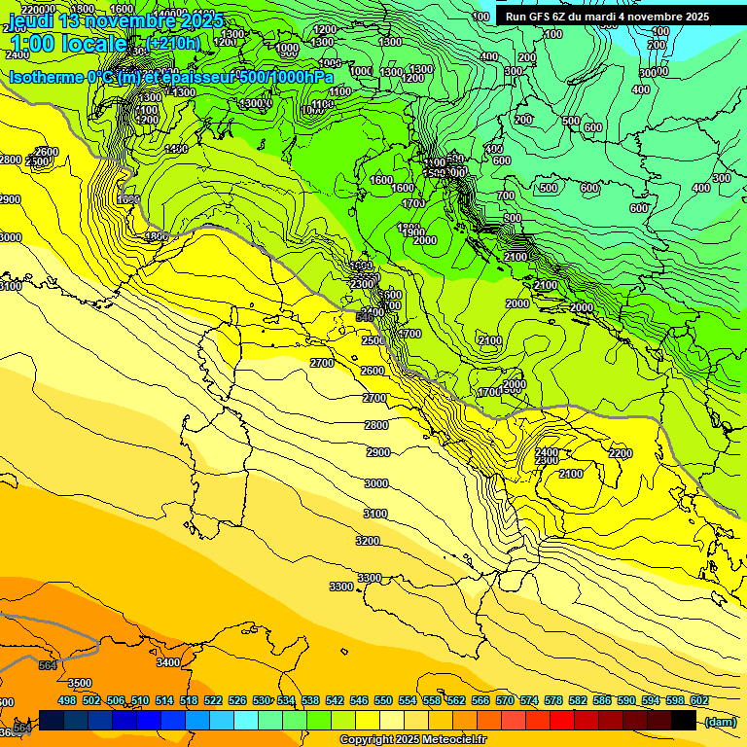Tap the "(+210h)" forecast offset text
pos(172,43)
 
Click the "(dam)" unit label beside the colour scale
pos(720,721)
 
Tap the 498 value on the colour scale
pos(67,701)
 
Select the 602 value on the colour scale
pos(698,701)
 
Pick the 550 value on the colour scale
pos(383,701)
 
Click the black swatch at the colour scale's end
pos(684,720)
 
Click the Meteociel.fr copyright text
pos(412,739)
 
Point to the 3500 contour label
pos(80,683)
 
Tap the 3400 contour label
pos(167,662)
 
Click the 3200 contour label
pos(368,540)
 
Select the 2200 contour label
pos(620,453)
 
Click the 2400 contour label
pos(547,452)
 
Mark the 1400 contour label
pos(176,149)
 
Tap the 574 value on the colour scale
pos(529,701)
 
